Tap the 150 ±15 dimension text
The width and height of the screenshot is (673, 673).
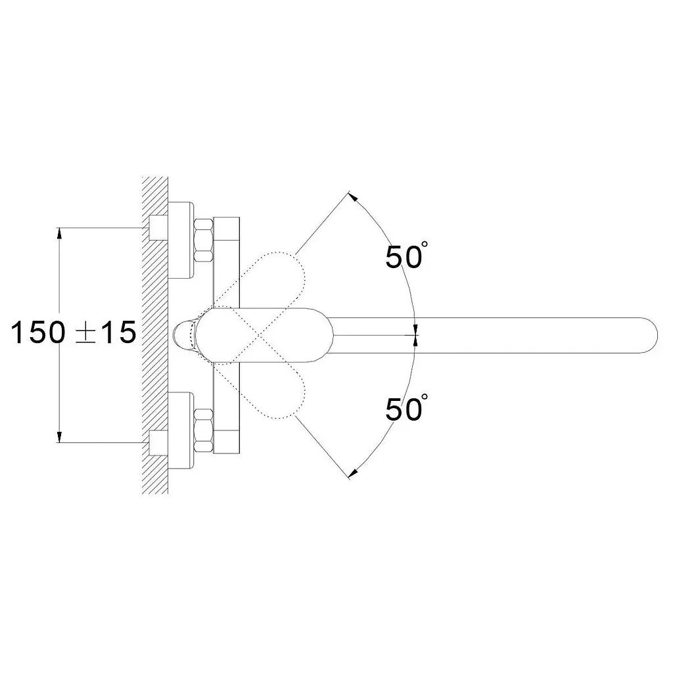(74, 332)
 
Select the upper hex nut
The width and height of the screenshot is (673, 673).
(204, 240)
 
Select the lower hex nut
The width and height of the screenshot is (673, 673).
(204, 430)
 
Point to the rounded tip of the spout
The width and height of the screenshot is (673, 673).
(653, 335)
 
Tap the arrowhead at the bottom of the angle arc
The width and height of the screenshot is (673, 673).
(353, 473)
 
